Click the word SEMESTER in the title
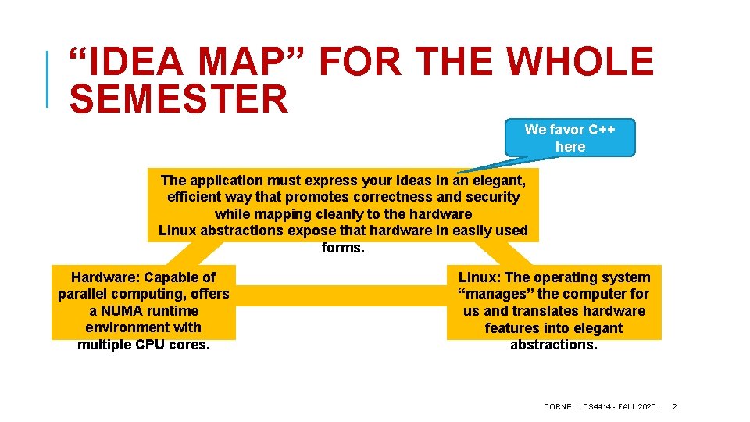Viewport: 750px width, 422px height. coord(179,100)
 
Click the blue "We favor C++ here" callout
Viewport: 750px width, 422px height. coord(570,138)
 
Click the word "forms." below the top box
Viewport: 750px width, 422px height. coord(343,248)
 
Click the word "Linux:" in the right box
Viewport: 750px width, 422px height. coord(477,277)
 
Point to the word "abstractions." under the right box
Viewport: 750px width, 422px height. coord(553,345)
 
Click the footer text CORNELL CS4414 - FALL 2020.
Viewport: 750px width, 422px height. coord(600,406)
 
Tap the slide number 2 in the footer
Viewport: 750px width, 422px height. coord(675,406)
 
